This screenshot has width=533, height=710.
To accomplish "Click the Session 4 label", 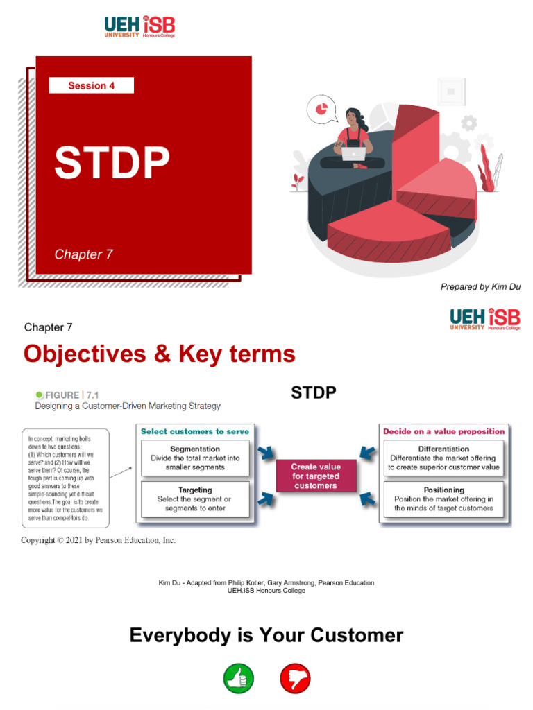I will [x=92, y=86].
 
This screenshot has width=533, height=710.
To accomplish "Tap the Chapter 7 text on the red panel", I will [x=83, y=254].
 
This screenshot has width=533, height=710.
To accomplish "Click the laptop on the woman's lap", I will [x=353, y=154].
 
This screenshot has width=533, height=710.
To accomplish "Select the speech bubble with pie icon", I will [x=322, y=110].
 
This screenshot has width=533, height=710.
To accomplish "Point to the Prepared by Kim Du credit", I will [x=480, y=287].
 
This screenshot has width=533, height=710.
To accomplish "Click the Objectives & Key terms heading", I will [x=159, y=354].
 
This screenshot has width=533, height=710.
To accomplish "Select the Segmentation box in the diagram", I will [x=195, y=458].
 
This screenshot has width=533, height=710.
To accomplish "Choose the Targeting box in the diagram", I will [x=195, y=499].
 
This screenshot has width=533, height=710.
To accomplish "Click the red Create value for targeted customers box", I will [x=315, y=476].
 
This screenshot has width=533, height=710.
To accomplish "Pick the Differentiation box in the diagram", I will [x=444, y=458].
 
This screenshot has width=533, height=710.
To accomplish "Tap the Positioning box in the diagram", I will [x=444, y=499].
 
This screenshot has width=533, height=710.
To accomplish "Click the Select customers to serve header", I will [x=195, y=431].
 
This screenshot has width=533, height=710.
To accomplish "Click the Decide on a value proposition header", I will [x=444, y=431].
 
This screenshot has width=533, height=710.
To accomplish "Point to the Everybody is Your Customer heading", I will [x=266, y=635].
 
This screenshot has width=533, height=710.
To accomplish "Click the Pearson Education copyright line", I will [x=98, y=540].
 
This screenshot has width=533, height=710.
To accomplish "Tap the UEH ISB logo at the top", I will [x=139, y=27].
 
